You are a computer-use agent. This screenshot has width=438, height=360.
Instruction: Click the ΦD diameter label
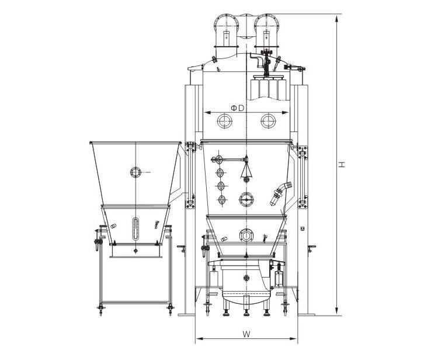237,108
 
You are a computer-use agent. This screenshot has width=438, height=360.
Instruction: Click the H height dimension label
342,164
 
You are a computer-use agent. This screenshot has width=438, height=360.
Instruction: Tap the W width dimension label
246,334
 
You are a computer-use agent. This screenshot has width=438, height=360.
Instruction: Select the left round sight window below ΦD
225,121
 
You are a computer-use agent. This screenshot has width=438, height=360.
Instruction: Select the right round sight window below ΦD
268,121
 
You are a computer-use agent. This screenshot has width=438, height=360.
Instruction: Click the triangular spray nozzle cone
246,171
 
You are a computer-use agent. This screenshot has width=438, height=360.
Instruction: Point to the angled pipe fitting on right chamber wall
281,193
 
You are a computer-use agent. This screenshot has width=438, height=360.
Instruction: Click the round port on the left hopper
135,172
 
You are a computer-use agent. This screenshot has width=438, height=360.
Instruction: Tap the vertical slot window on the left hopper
135,229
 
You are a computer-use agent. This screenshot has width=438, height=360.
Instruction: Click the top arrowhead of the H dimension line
337,19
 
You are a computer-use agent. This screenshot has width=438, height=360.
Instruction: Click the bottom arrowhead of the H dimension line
337,311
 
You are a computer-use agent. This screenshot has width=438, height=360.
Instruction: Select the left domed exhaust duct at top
226,32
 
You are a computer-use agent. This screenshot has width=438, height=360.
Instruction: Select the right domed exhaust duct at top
266,32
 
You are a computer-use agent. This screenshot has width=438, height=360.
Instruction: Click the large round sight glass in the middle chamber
246,199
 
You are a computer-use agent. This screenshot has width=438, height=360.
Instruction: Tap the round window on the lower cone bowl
246,235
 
